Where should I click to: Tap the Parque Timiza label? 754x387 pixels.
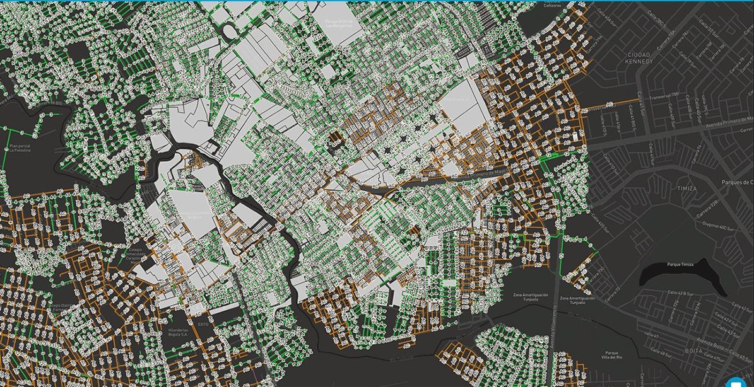[x=679, y=265]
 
